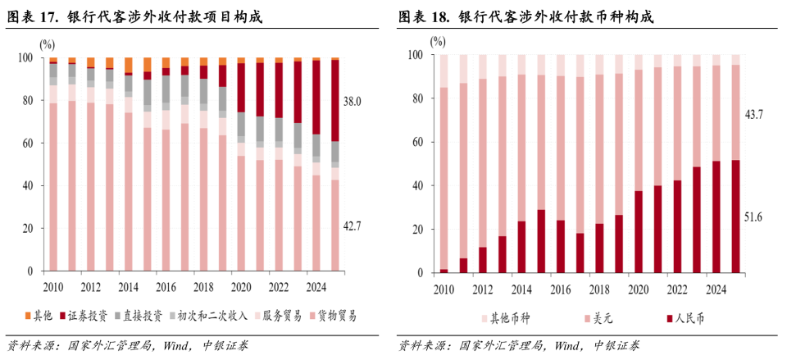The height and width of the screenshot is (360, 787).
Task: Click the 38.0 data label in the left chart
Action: click(353, 101)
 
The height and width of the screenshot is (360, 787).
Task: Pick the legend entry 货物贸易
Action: click(336, 316)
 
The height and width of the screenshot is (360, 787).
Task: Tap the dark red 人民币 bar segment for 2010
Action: click(444, 271)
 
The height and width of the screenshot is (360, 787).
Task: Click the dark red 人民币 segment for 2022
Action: click(678, 226)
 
